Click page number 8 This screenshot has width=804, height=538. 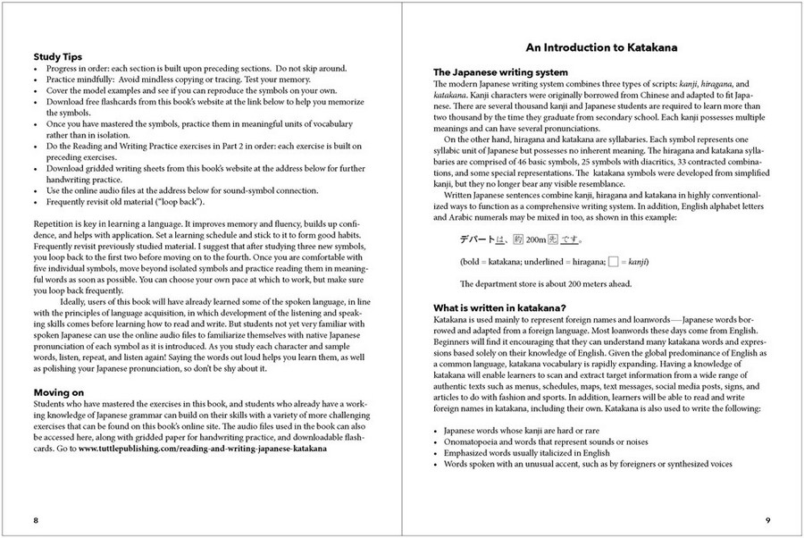(x=35, y=519)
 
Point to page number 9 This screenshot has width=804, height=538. (x=768, y=519)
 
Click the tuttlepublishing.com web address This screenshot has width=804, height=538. (x=202, y=450)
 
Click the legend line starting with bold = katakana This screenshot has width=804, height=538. (x=554, y=261)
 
